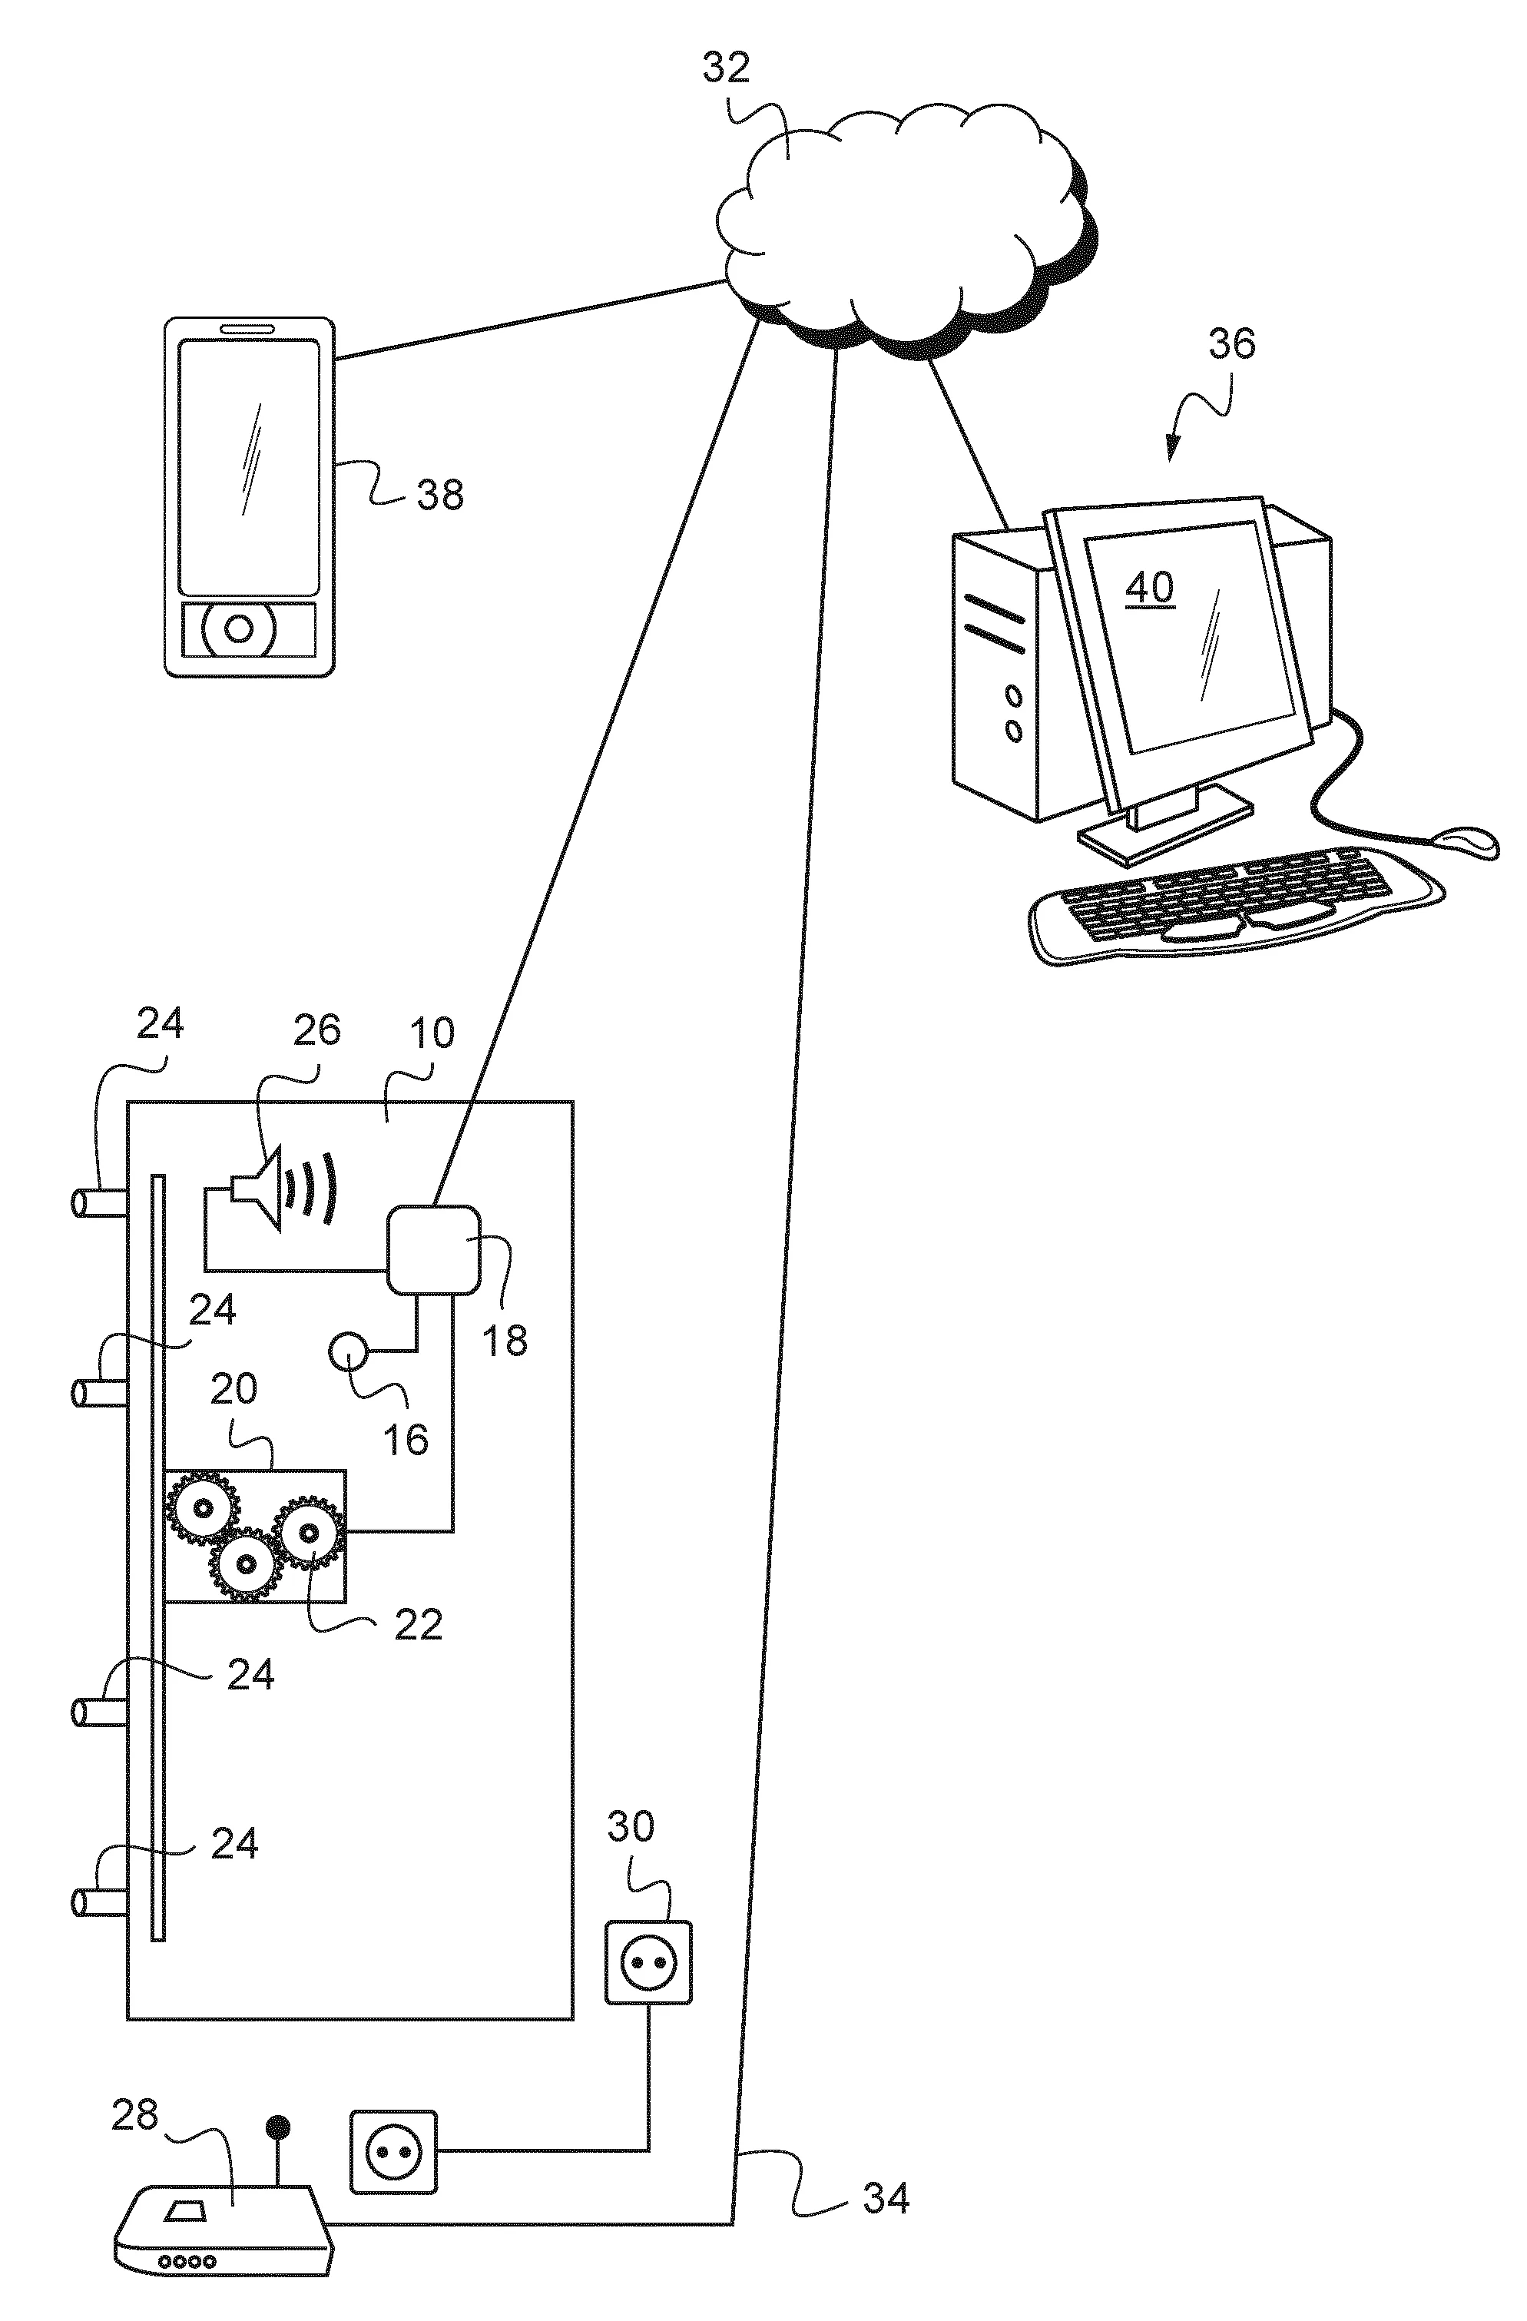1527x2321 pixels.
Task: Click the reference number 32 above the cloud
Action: [727, 68]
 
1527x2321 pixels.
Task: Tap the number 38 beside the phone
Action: [440, 495]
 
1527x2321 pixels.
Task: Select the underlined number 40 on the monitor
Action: [1150, 587]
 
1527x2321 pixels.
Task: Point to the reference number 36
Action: [1231, 343]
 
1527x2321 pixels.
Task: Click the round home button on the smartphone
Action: [239, 629]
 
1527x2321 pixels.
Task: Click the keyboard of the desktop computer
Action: [1234, 902]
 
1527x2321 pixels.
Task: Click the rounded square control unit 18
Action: [434, 1250]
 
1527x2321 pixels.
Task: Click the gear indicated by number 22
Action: [308, 1533]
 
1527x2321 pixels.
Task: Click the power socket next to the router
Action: [393, 2151]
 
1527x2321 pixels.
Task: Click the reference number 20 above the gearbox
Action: [234, 1389]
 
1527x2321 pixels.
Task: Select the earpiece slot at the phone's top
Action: [249, 329]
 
